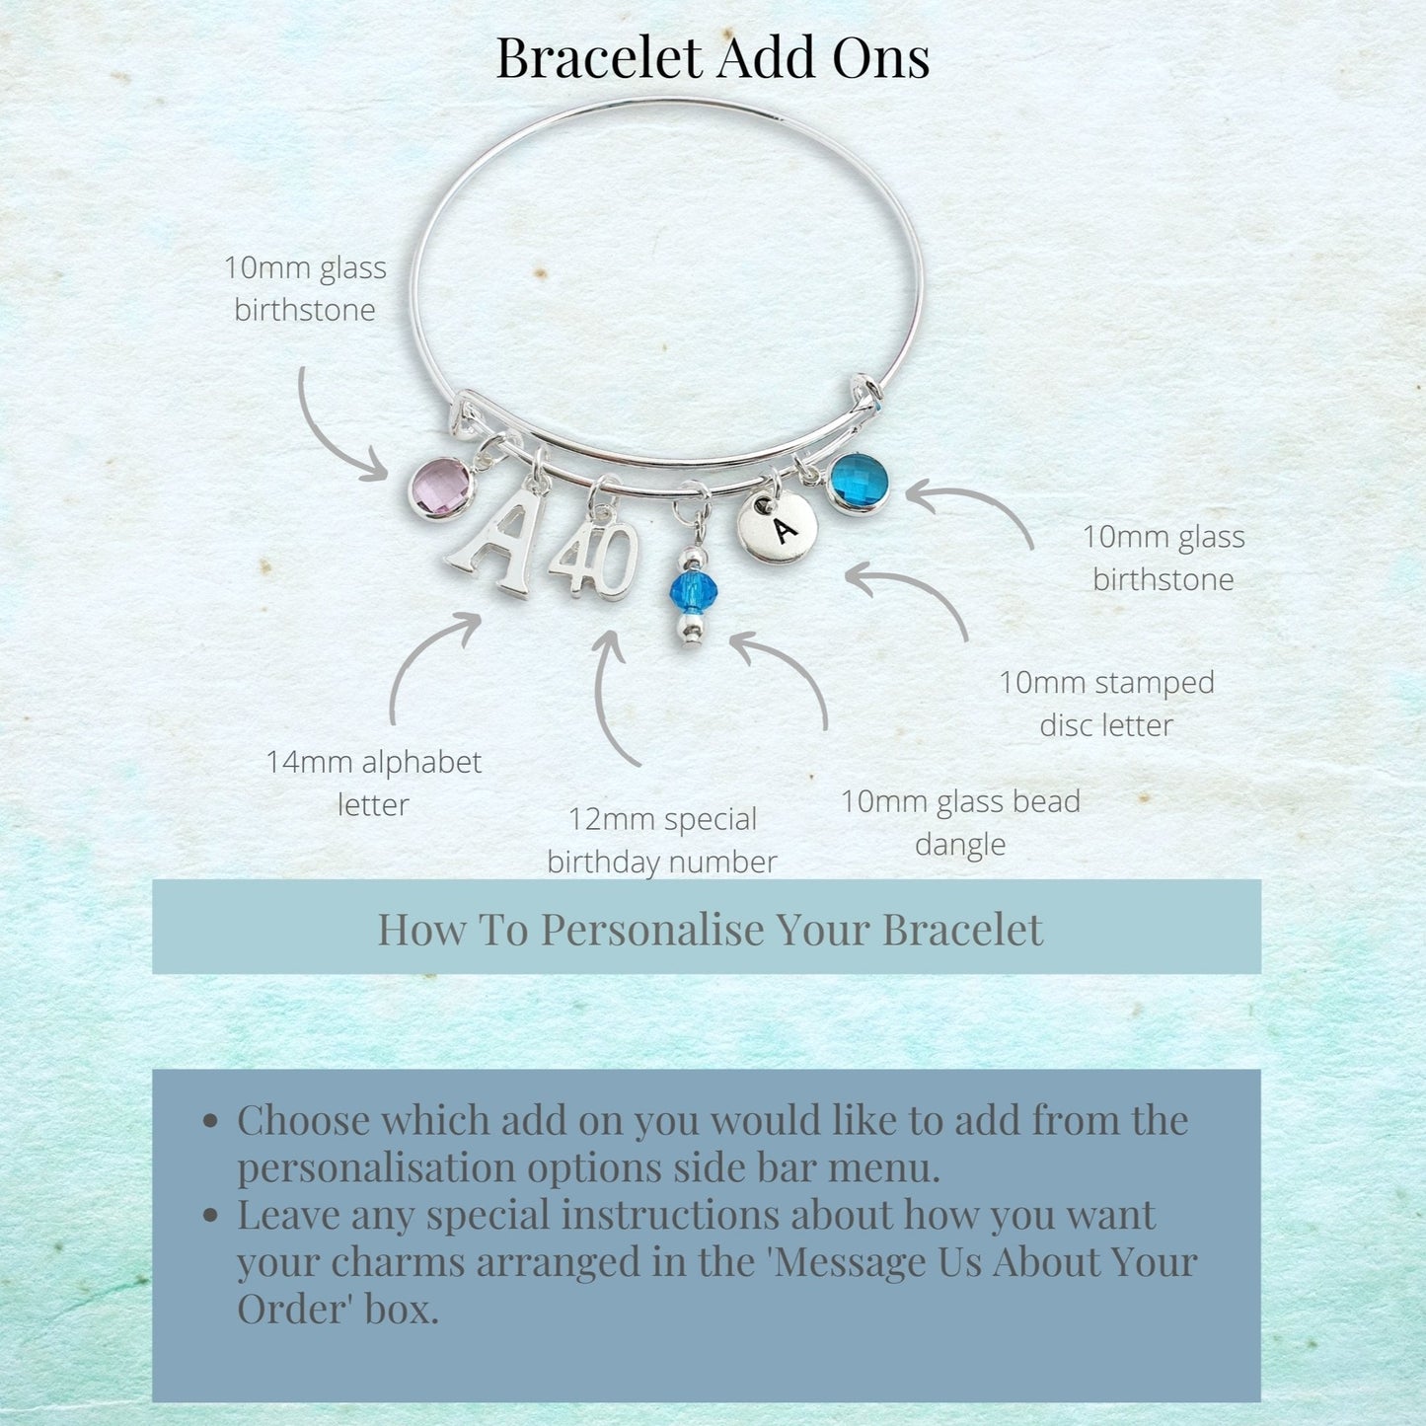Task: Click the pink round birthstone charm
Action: click(x=441, y=488)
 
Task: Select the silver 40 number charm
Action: click(x=594, y=559)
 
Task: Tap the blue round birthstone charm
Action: click(x=858, y=483)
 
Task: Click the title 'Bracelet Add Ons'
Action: click(x=713, y=57)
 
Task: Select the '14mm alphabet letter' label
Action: click(x=373, y=783)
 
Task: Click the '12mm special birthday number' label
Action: click(x=661, y=841)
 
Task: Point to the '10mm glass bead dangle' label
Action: click(x=960, y=822)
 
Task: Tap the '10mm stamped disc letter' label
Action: click(x=1106, y=703)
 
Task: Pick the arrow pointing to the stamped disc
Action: click(x=925, y=584)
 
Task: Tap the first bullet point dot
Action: click(x=210, y=1121)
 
